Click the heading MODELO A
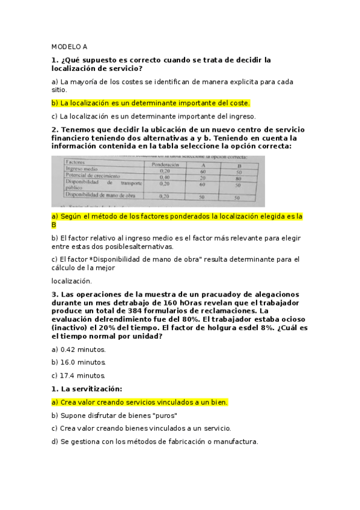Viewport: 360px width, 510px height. (x=69, y=46)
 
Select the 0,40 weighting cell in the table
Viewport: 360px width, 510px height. (x=164, y=177)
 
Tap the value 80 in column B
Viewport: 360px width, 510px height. (x=238, y=178)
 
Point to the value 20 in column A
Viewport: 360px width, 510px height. (x=203, y=178)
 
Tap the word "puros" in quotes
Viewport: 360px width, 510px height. (x=165, y=415)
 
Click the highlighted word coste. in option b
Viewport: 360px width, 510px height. (x=239, y=103)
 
